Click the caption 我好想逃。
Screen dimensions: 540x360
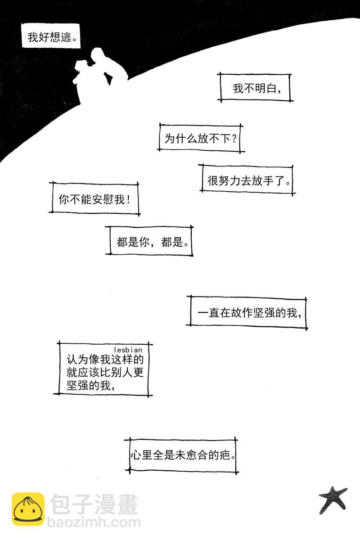(x=50, y=37)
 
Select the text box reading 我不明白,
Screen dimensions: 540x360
(x=255, y=88)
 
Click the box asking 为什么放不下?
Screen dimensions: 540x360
(x=200, y=138)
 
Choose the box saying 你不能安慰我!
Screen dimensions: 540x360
(x=94, y=198)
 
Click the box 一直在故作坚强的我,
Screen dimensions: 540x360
(x=247, y=312)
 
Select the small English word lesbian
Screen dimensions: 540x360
(x=128, y=349)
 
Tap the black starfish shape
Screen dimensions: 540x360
(x=333, y=499)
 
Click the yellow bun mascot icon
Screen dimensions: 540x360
(x=28, y=509)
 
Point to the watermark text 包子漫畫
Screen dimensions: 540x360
(x=94, y=504)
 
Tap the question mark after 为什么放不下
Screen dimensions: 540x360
(x=234, y=139)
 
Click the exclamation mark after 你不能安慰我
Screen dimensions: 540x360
(x=128, y=199)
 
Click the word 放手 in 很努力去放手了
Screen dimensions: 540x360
(x=263, y=180)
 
